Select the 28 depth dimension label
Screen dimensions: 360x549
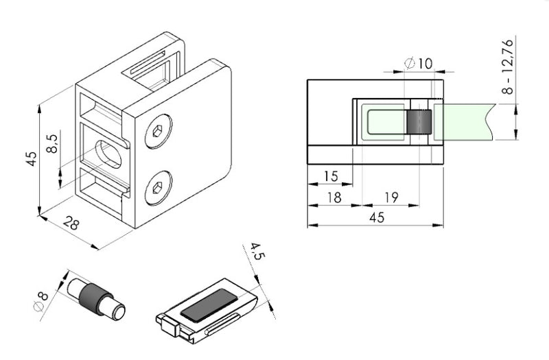(x=71, y=223)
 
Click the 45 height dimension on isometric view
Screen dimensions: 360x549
(x=30, y=158)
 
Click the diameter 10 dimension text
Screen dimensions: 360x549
(x=419, y=64)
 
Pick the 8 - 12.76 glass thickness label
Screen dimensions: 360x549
(x=507, y=67)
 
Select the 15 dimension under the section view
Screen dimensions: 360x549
(x=330, y=177)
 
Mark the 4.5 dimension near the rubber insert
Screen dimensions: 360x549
(x=256, y=259)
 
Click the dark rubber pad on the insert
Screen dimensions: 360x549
(x=207, y=304)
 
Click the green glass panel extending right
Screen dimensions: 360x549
(x=467, y=122)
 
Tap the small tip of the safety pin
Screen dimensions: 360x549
(x=121, y=312)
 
